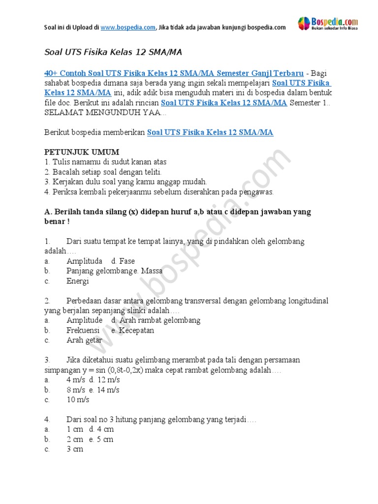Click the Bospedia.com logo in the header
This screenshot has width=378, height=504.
(328, 24)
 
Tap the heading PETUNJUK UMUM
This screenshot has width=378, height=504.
(82, 152)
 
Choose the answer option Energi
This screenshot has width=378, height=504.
(78, 281)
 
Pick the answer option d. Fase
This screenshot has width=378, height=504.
(123, 261)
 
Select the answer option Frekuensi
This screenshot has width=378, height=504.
(83, 330)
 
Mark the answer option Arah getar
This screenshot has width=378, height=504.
(85, 340)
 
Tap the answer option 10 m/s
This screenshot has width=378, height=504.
(78, 400)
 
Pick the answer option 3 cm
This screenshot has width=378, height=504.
(75, 449)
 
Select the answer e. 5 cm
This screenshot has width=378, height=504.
(101, 439)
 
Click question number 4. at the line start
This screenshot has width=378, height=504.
(47, 419)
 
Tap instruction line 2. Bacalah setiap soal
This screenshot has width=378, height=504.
(103, 172)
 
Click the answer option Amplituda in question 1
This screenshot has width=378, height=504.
(85, 261)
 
